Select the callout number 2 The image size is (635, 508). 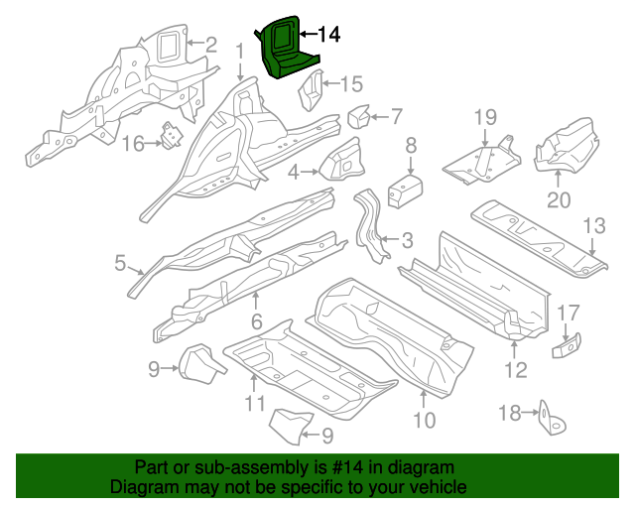tap(210, 43)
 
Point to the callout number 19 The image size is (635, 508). tap(483, 118)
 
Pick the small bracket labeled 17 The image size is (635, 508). tap(568, 343)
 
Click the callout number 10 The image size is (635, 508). tap(424, 421)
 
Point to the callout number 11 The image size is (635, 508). tap(255, 403)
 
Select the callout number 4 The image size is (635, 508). tap(294, 174)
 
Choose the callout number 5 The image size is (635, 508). tap(120, 263)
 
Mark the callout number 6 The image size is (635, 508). tap(256, 320)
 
